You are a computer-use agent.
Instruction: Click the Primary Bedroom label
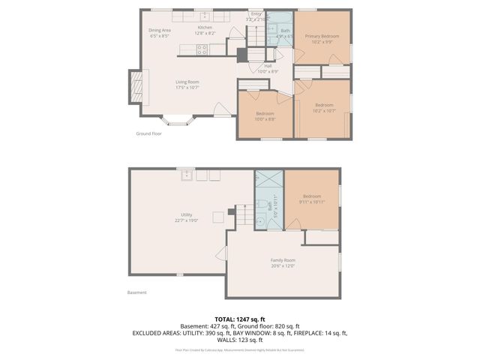(321, 39)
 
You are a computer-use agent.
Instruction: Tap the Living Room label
(187, 84)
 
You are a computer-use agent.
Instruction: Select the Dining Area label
(160, 32)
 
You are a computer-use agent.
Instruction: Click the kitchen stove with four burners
(202, 50)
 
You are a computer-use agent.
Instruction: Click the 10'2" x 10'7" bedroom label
(324, 107)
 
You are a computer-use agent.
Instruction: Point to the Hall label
(268, 68)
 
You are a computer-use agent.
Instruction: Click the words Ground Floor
(148, 133)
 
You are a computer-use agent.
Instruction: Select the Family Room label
(283, 262)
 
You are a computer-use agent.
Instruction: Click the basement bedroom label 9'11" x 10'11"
(311, 198)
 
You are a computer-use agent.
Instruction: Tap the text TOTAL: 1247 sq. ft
(239, 319)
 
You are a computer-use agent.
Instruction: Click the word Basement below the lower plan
(136, 292)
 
